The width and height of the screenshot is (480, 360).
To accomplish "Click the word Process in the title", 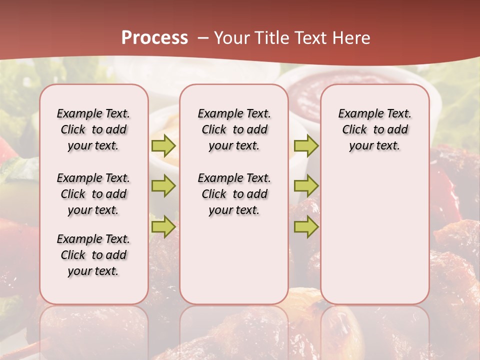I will (154, 37).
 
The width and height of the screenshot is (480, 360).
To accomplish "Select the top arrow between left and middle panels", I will (163, 145).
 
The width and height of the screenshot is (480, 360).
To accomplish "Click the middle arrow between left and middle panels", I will (163, 186).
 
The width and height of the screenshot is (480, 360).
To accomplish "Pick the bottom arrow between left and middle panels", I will (163, 227).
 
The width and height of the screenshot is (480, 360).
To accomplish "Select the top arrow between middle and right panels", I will (306, 145).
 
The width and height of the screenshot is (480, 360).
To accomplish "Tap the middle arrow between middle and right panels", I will (306, 186).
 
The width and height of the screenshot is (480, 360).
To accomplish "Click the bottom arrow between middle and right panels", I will (306, 227).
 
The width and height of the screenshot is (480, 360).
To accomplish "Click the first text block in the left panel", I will (93, 129).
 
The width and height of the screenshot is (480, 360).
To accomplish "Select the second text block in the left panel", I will (93, 194).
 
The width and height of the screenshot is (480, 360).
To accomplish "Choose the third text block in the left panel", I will (93, 255).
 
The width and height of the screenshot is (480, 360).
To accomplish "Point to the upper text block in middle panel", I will (234, 129).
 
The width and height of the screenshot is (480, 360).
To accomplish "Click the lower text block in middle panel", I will (234, 194).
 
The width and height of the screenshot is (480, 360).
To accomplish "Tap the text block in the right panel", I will (375, 129).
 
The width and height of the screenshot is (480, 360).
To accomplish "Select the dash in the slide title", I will (203, 38).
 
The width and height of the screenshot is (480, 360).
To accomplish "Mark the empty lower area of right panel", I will (375, 235).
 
